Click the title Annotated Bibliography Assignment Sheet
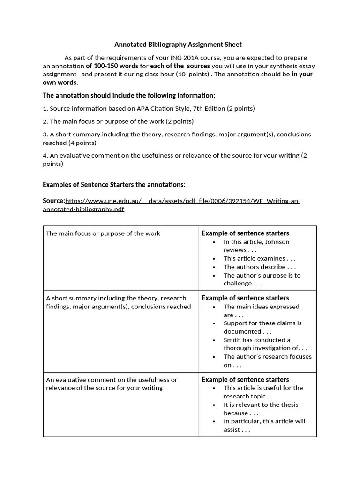pos(178,45)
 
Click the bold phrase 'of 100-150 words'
pos(112,66)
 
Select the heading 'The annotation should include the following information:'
pos(129,95)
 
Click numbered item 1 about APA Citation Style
pos(149,108)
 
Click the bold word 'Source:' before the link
pos(53,201)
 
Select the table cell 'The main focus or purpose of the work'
pos(103,233)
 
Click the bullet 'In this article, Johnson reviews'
pos(256,246)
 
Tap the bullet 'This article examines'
pos(259,258)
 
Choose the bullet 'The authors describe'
pos(259,267)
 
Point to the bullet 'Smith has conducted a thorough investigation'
pos(265,344)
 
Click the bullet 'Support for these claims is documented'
pos(262,327)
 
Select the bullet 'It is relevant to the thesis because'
pos(261,409)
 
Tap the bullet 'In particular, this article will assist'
pos(264,425)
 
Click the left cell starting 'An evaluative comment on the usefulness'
pos(112,383)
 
